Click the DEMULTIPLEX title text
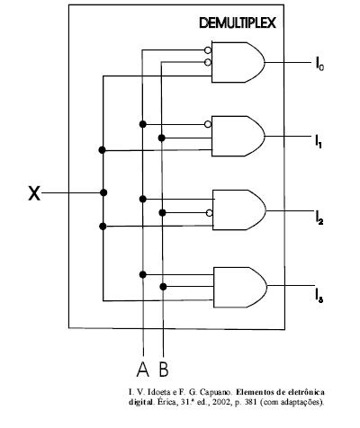pos(238,23)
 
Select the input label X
pos(34,193)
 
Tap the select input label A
pos(143,370)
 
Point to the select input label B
pos(164,370)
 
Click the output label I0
pos(319,64)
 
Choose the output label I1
pos(319,141)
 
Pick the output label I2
pos(319,218)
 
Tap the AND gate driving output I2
pos(239,210)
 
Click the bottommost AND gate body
pos(240,287)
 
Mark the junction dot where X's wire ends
pos(103,192)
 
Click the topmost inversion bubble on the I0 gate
pos(208,50)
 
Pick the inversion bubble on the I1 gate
pos(208,124)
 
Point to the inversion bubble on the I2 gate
pos(210,213)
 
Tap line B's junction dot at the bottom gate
pos(163,287)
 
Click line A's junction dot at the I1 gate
pos(143,124)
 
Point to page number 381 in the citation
pos(251,402)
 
